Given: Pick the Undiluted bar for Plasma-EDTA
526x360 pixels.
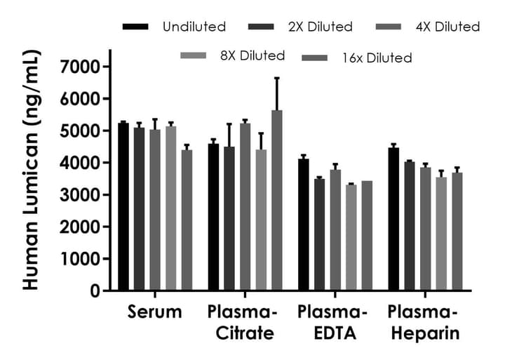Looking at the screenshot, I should point(304,225).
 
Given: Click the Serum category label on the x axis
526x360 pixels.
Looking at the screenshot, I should point(154,312).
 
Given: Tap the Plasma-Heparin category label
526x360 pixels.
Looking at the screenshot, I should point(424,322).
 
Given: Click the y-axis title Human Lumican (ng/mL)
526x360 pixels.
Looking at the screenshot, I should point(30,172).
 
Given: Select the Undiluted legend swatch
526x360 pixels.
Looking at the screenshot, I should point(135,27).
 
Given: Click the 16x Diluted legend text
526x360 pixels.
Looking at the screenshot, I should point(383,58).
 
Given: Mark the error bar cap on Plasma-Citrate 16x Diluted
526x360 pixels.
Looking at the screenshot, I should point(277,78).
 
